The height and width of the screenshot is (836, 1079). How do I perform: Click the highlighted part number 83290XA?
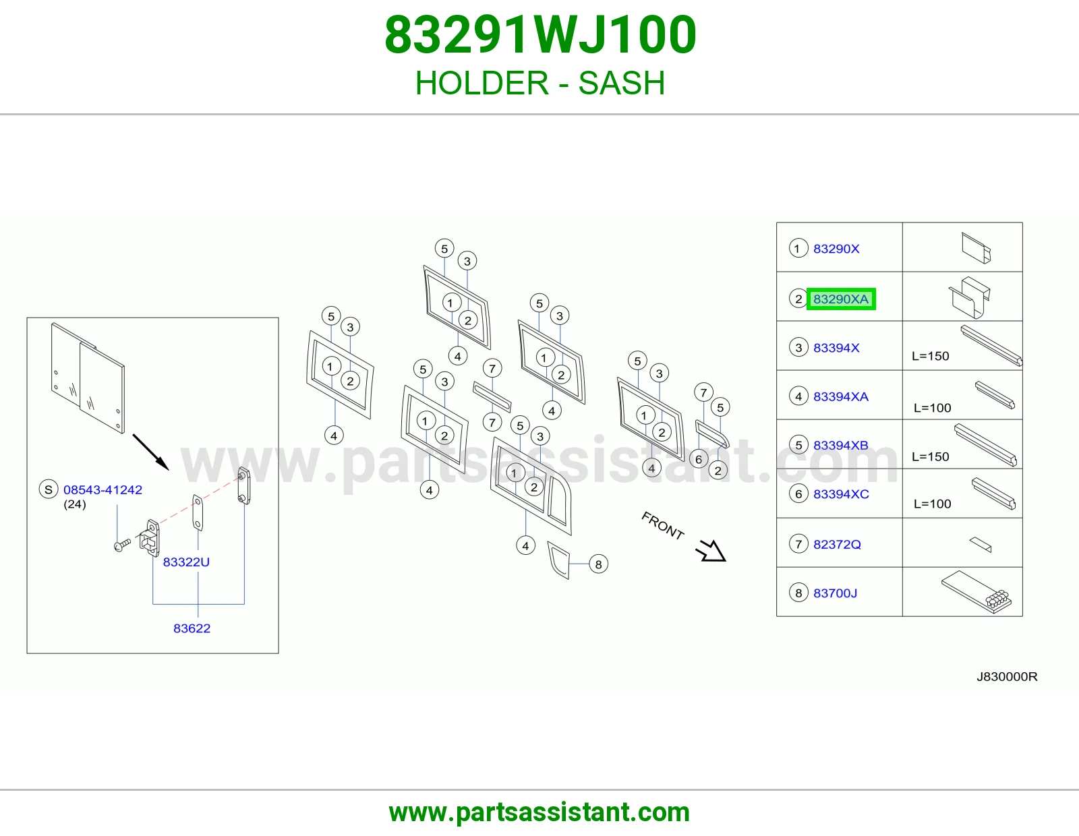point(841,299)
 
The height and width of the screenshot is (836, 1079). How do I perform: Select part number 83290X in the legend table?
point(836,249)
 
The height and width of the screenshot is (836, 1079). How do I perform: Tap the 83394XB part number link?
point(841,445)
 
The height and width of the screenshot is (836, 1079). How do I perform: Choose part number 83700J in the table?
point(835,593)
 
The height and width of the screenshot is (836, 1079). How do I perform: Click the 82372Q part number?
point(837,545)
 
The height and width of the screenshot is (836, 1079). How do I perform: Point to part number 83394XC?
point(841,494)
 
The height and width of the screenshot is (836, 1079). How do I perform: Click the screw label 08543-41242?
point(103,490)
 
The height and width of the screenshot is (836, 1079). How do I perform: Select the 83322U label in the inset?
point(186,562)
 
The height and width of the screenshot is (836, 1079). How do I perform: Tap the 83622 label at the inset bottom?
point(192,628)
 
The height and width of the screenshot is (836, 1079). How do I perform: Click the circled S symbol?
point(49,489)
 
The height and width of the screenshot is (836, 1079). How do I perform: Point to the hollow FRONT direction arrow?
point(711,551)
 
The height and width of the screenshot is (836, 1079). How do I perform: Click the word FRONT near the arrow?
point(663,525)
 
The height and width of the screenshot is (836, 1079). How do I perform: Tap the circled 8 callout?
point(598,564)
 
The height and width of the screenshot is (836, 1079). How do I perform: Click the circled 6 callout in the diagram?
point(699,459)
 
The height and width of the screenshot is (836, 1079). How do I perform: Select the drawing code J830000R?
point(1007,677)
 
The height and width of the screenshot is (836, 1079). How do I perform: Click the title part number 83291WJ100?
point(540,35)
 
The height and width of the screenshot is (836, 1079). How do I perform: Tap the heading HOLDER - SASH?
point(540,83)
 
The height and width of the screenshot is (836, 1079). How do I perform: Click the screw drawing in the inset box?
point(122,545)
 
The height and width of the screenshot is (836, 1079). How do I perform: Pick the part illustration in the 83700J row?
point(976,592)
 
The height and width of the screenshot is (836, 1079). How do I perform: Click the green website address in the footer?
point(539,812)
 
